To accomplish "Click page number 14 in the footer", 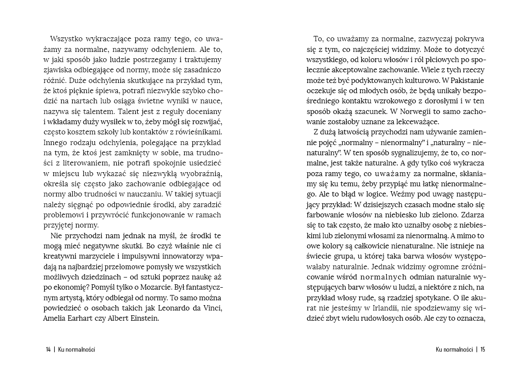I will click(48, 349).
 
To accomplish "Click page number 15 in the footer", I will click(482, 349).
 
